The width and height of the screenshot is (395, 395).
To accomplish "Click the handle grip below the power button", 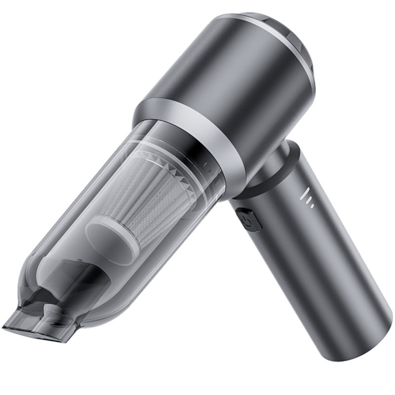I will (x=306, y=276).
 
